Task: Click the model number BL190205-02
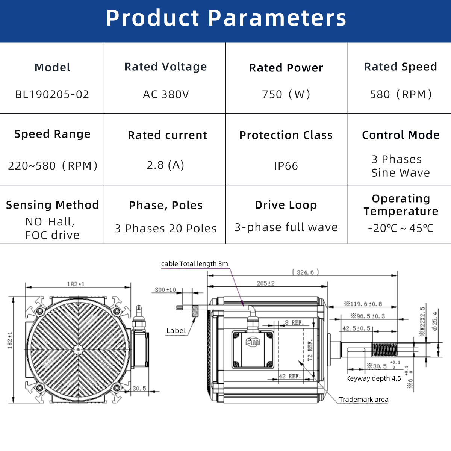[x=52, y=94]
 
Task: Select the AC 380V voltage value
[x=166, y=94]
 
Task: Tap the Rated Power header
[x=286, y=68]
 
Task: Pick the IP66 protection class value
[x=286, y=166]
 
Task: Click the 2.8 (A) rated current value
[x=165, y=165]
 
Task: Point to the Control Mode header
[x=401, y=135]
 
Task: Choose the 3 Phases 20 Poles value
[x=165, y=229]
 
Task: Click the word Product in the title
[x=153, y=18]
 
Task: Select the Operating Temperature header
[x=401, y=205]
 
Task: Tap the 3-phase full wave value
[x=286, y=227]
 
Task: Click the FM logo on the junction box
[x=253, y=342]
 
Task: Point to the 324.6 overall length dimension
[x=306, y=272]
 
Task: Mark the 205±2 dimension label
[x=266, y=283]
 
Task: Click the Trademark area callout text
[x=364, y=400]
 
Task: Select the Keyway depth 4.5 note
[x=373, y=378]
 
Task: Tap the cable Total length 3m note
[x=194, y=264]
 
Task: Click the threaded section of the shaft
[x=385, y=350]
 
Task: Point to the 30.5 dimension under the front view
[x=139, y=389]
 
